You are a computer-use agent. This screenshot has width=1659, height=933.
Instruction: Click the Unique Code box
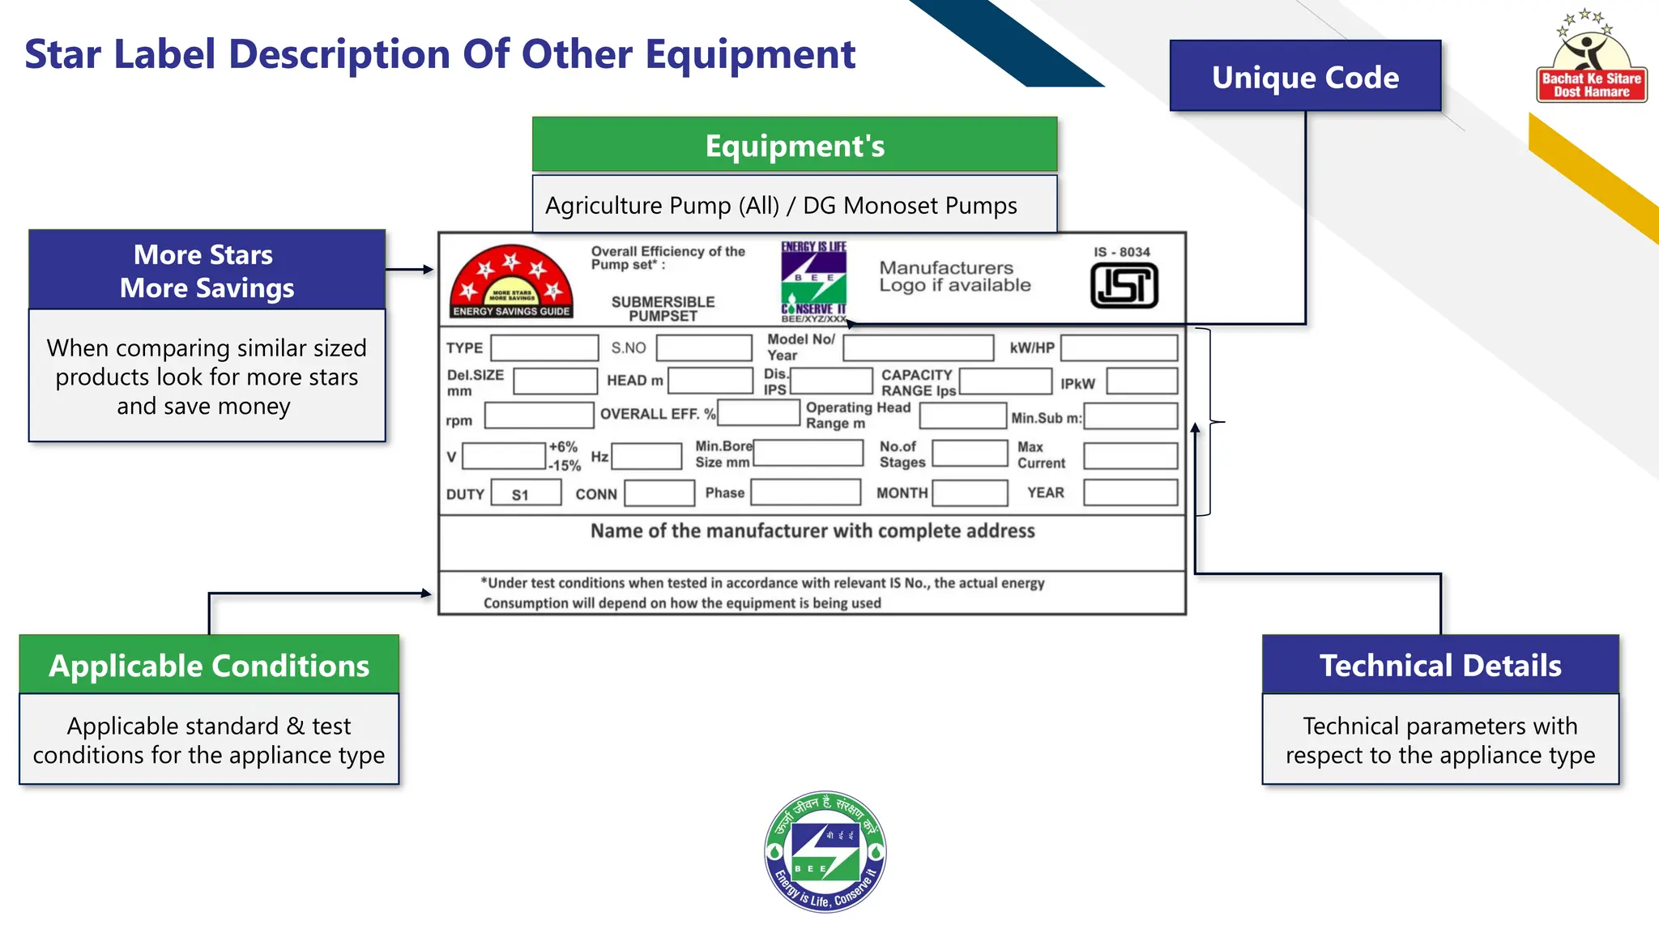(x=1305, y=76)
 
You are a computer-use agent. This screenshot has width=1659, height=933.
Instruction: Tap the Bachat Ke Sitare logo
(x=1591, y=57)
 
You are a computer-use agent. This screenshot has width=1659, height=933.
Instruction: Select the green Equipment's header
(x=794, y=145)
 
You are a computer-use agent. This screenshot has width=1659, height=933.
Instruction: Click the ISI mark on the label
(x=1124, y=286)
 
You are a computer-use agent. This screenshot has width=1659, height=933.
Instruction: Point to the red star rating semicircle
(x=511, y=280)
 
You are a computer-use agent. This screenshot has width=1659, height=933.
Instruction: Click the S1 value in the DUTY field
(x=521, y=494)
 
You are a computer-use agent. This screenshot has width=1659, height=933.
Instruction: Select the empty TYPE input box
(x=544, y=348)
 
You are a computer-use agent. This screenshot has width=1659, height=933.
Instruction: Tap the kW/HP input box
(x=1119, y=348)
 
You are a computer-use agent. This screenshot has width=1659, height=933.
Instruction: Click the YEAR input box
(x=1130, y=492)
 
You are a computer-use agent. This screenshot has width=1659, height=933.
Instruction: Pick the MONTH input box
(x=970, y=492)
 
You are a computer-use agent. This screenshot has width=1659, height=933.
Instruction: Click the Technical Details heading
(x=1440, y=665)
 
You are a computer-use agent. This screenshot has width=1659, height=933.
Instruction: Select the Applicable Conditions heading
(x=209, y=665)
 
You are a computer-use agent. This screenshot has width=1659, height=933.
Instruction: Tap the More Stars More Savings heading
(x=207, y=271)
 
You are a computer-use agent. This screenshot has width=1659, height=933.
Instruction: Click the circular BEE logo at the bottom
(x=825, y=851)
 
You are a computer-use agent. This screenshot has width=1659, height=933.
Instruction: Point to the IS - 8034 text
(x=1122, y=252)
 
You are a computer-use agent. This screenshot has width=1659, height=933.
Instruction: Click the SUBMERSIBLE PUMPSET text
(x=663, y=309)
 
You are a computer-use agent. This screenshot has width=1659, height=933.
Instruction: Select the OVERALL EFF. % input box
(x=758, y=413)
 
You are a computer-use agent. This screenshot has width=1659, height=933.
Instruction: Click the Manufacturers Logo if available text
(x=954, y=276)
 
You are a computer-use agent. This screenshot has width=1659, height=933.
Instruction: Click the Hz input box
(x=646, y=456)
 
